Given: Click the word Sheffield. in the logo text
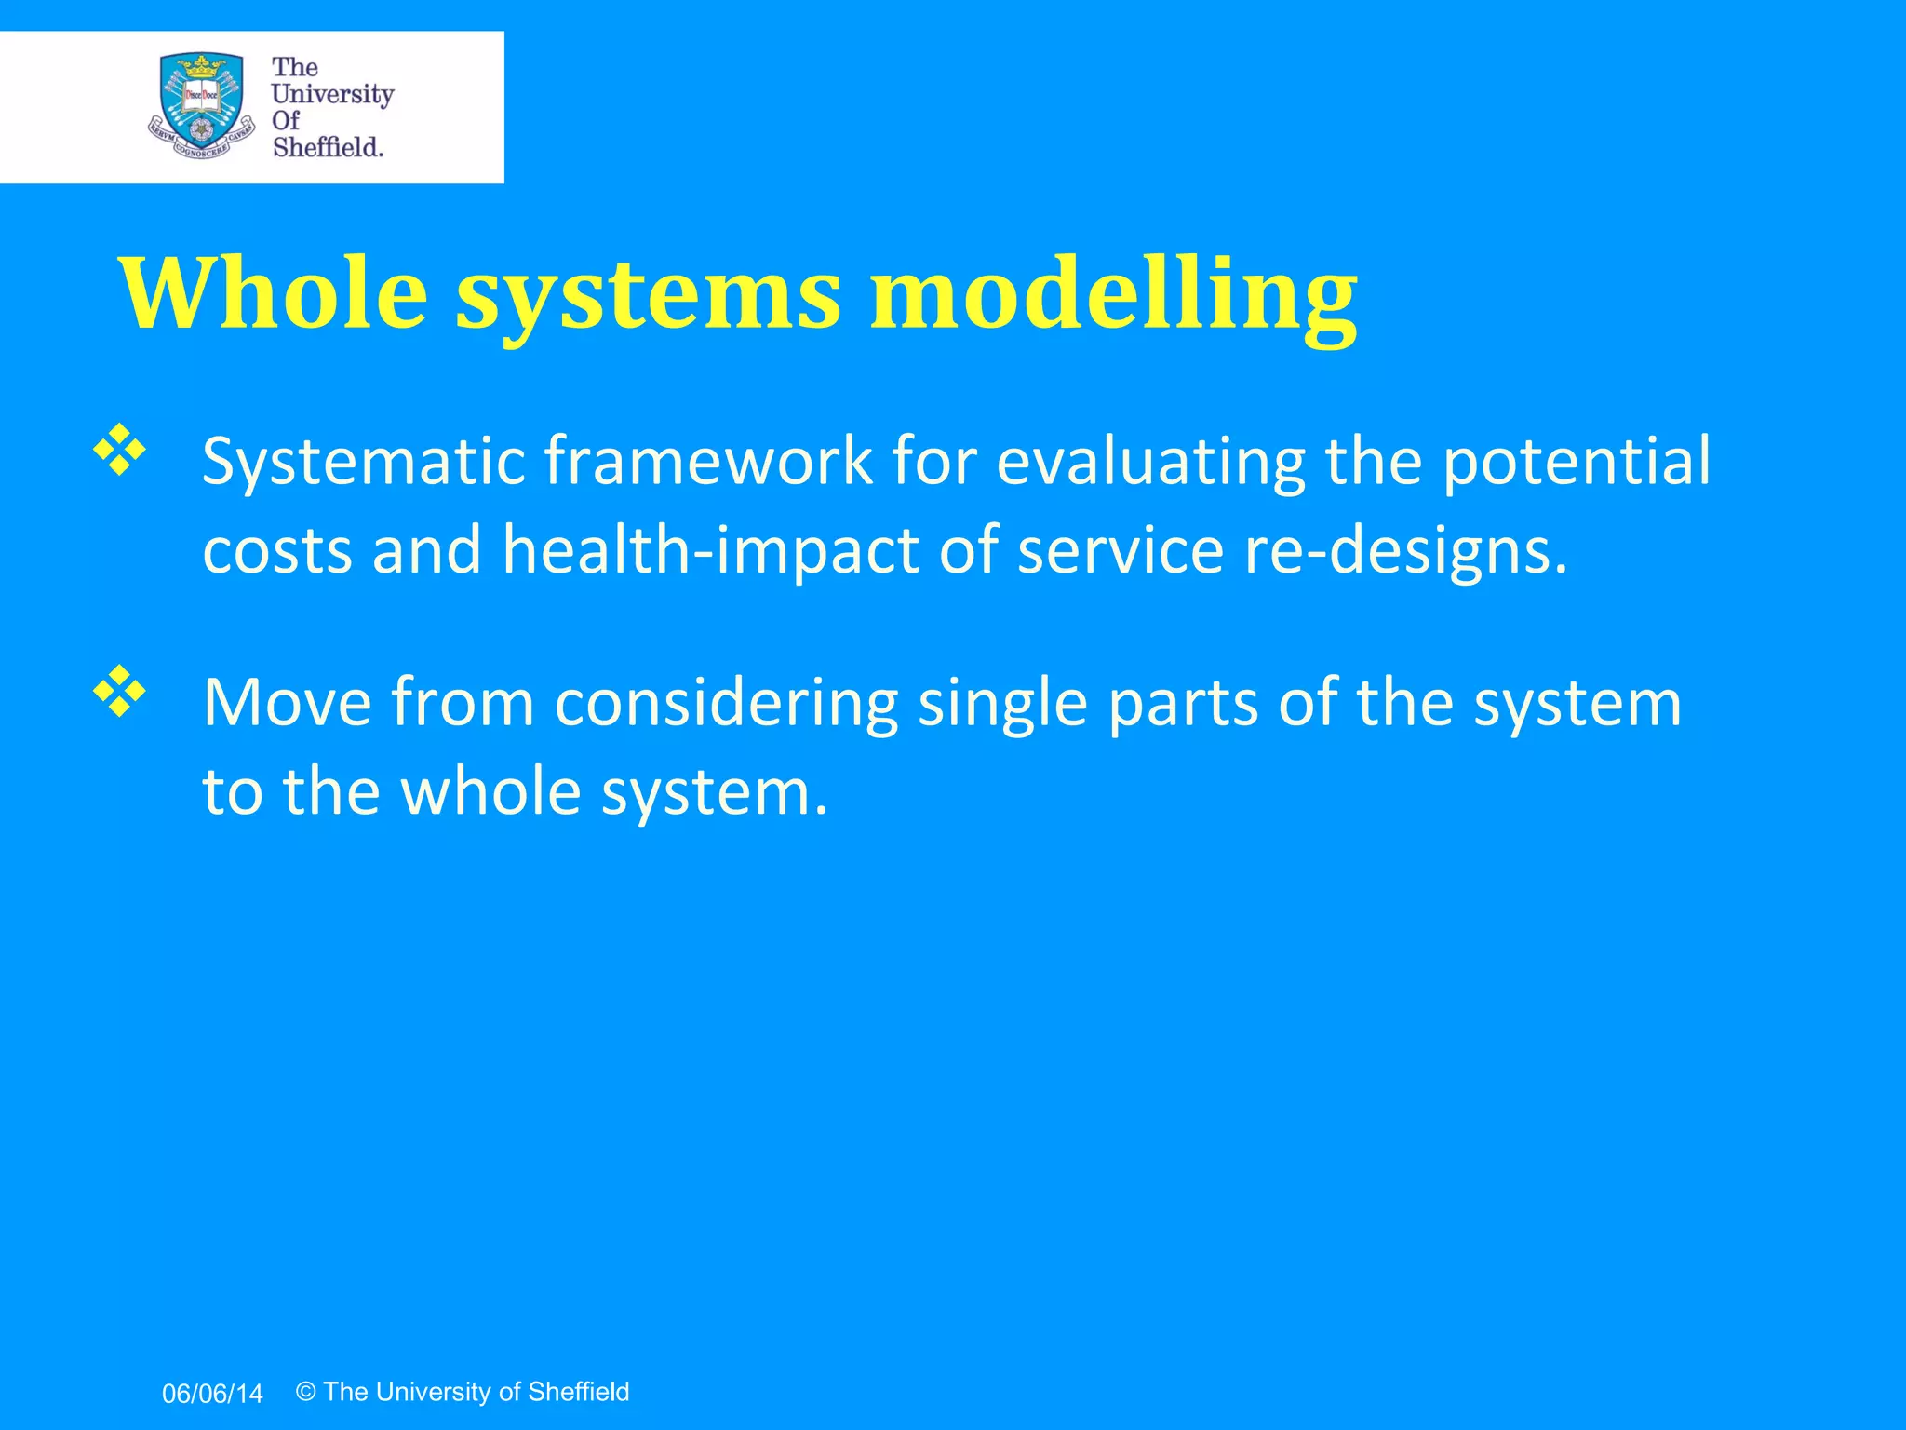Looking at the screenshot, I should pyautogui.click(x=328, y=147).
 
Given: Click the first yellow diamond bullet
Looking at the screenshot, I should pyautogui.click(x=120, y=451).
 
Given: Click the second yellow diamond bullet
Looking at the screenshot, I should pyautogui.click(x=120, y=691).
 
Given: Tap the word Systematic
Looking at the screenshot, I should pyautogui.click(x=363, y=462).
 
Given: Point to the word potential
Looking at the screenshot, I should pyautogui.click(x=1577, y=462).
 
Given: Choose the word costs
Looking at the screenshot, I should pyautogui.click(x=277, y=550).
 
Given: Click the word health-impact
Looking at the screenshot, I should pyautogui.click(x=711, y=550).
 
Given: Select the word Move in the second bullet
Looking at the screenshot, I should pyautogui.click(x=287, y=702).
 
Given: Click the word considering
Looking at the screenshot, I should pyautogui.click(x=726, y=704).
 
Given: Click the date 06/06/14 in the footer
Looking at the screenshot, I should pyautogui.click(x=212, y=1394).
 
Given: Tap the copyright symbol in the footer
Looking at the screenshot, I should pyautogui.click(x=306, y=1392).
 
